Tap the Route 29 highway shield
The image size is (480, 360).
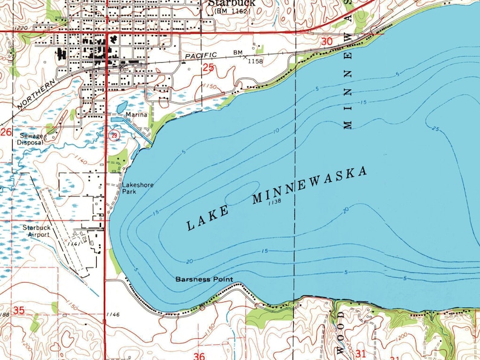(x=114, y=136)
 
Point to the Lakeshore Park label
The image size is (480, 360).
(x=137, y=188)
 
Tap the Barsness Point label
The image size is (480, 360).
(x=204, y=280)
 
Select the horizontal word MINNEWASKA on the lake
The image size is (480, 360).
(x=310, y=185)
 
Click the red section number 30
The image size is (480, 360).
(x=327, y=41)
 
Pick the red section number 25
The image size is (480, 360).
(x=209, y=68)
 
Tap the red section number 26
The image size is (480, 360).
(x=6, y=132)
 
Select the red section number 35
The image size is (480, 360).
(x=19, y=310)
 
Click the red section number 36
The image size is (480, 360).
(x=199, y=356)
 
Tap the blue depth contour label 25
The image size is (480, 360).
(x=435, y=128)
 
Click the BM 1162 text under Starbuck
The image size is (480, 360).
(x=232, y=11)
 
